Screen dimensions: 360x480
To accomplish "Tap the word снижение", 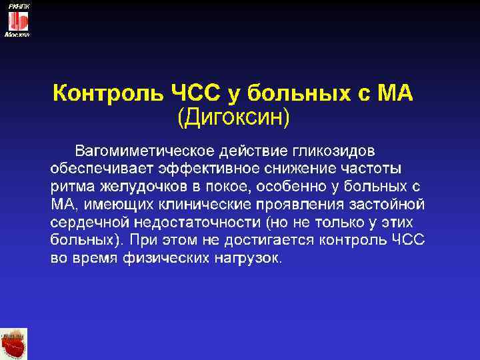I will click(297, 165).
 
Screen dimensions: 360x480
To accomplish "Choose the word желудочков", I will click(141, 184).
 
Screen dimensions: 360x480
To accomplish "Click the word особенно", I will click(285, 184).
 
